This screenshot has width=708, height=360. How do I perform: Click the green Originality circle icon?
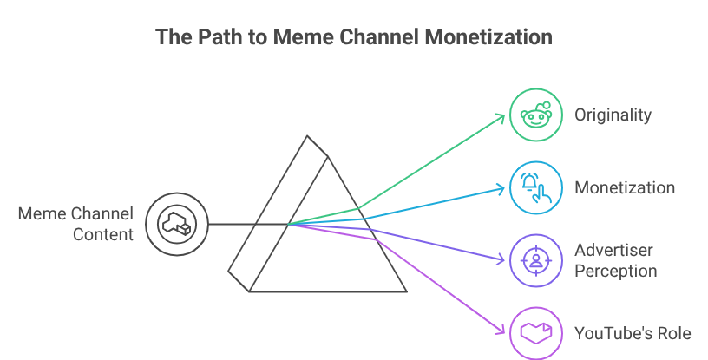[535, 115]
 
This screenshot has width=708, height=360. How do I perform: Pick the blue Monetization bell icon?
[535, 187]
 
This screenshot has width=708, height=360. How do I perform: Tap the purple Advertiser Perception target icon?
[535, 260]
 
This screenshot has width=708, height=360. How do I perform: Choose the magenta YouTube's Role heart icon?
[535, 333]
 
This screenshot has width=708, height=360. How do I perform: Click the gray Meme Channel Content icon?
[176, 224]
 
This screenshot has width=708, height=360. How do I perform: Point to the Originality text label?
[613, 115]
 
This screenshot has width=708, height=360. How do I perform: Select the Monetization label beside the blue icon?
[624, 187]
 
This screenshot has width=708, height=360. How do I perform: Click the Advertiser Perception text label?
[615, 260]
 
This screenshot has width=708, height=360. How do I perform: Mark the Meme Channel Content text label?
[76, 224]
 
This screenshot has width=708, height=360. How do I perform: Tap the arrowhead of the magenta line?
[501, 331]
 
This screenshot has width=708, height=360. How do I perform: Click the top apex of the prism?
[307, 136]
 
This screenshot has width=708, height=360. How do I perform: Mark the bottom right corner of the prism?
[406, 291]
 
